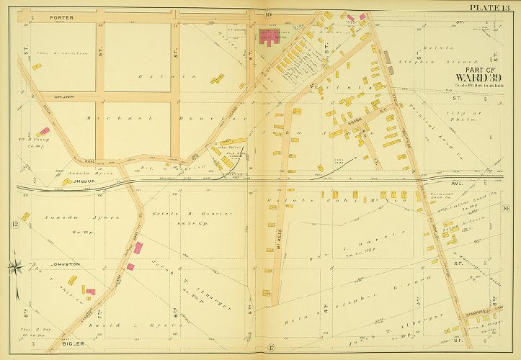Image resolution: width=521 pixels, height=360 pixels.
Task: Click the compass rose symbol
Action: pos(14,269)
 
